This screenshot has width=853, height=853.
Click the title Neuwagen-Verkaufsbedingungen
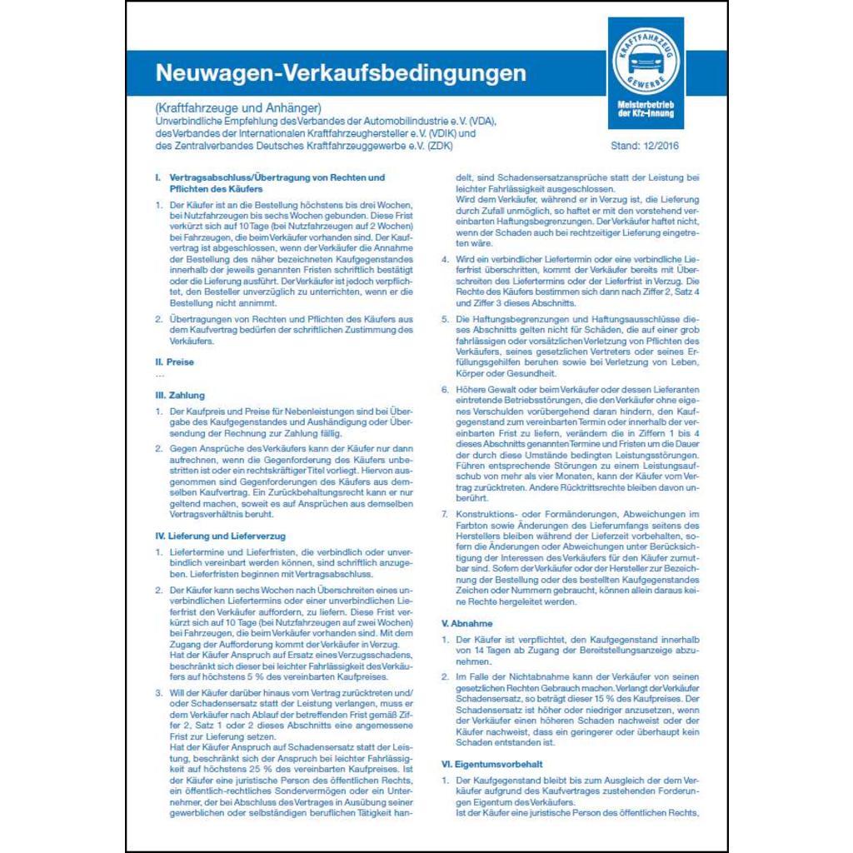pyautogui.click(x=341, y=73)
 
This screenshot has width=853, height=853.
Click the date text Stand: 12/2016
pyautogui.click(x=645, y=147)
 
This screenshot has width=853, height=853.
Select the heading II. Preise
pyautogui.click(x=175, y=362)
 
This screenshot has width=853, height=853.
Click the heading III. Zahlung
pyautogui.click(x=180, y=395)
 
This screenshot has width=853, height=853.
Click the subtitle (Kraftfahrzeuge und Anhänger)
pyautogui.click(x=238, y=107)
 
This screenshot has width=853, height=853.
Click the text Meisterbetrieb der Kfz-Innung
pyautogui.click(x=646, y=108)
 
